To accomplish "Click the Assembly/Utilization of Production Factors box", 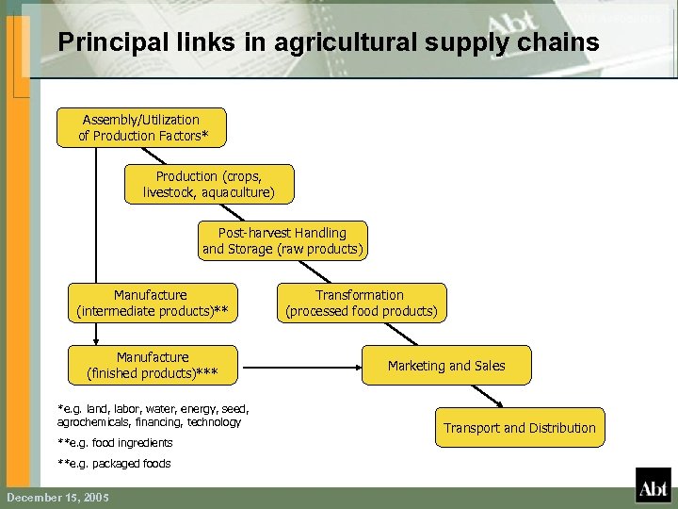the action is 141,127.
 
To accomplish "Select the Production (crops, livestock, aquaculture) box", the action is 209,185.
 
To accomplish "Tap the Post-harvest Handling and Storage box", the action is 282,241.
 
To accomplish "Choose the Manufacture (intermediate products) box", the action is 152,303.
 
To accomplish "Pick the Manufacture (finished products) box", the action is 152,365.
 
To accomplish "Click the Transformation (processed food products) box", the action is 362,303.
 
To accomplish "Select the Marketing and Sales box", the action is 446,366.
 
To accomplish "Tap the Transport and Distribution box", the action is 520,428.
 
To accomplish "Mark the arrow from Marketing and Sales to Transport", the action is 481,397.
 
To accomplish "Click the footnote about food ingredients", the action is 115,443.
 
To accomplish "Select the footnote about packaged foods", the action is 114,464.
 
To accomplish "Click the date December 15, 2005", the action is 57,497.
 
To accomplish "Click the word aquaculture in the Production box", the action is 234,192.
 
